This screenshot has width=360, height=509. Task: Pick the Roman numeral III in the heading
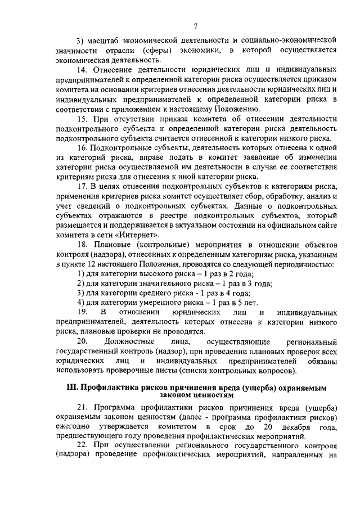point(71,387)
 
